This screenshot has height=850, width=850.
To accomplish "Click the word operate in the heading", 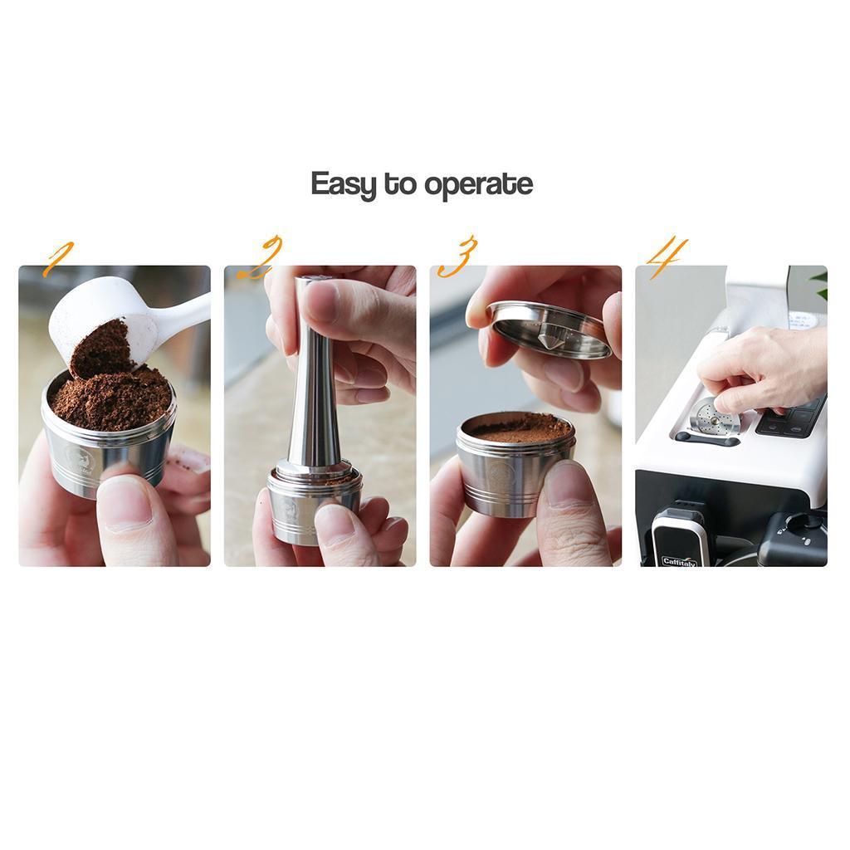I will (x=478, y=185).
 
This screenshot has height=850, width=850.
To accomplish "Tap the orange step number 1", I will (x=58, y=258).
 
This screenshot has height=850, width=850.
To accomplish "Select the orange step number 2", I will (x=261, y=257).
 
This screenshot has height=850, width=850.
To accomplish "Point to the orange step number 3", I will (x=458, y=256).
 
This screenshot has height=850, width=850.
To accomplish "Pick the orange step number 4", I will (x=667, y=257).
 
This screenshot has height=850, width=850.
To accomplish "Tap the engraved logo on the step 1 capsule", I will (x=81, y=457).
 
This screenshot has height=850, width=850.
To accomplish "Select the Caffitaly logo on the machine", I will (x=679, y=561).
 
